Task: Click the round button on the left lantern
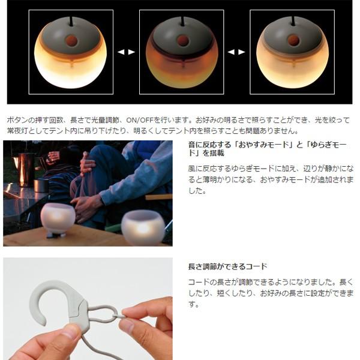click(71, 41)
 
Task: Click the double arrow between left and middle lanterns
click(126, 52)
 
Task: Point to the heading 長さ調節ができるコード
click(227, 266)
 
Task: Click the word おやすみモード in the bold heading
click(241, 146)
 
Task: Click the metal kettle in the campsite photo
click(25, 168)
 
